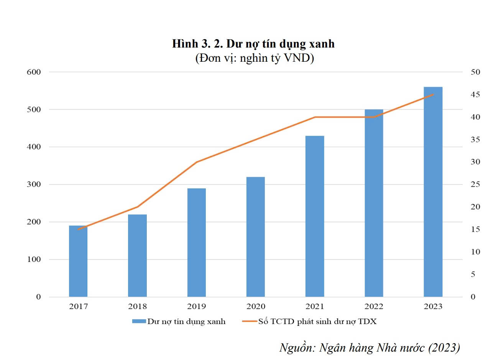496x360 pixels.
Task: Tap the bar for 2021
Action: [315, 216]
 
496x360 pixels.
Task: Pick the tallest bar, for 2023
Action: [433, 192]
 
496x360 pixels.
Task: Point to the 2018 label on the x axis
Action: [137, 306]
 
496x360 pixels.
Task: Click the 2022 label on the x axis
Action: [374, 306]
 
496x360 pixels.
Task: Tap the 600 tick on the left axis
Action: [34, 72]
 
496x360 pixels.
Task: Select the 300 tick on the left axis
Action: [34, 184]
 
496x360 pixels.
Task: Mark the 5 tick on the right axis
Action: [473, 275]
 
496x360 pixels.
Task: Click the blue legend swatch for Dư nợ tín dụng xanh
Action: [139, 321]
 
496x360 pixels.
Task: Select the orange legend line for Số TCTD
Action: [249, 321]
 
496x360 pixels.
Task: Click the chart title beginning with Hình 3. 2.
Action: [253, 44]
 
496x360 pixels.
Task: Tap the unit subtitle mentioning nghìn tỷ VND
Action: [254, 58]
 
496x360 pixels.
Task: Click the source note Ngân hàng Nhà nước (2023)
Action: [370, 347]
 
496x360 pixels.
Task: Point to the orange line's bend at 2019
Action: [196, 162]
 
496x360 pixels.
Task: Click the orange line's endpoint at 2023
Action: [433, 94]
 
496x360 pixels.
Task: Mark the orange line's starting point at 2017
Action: [78, 229]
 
